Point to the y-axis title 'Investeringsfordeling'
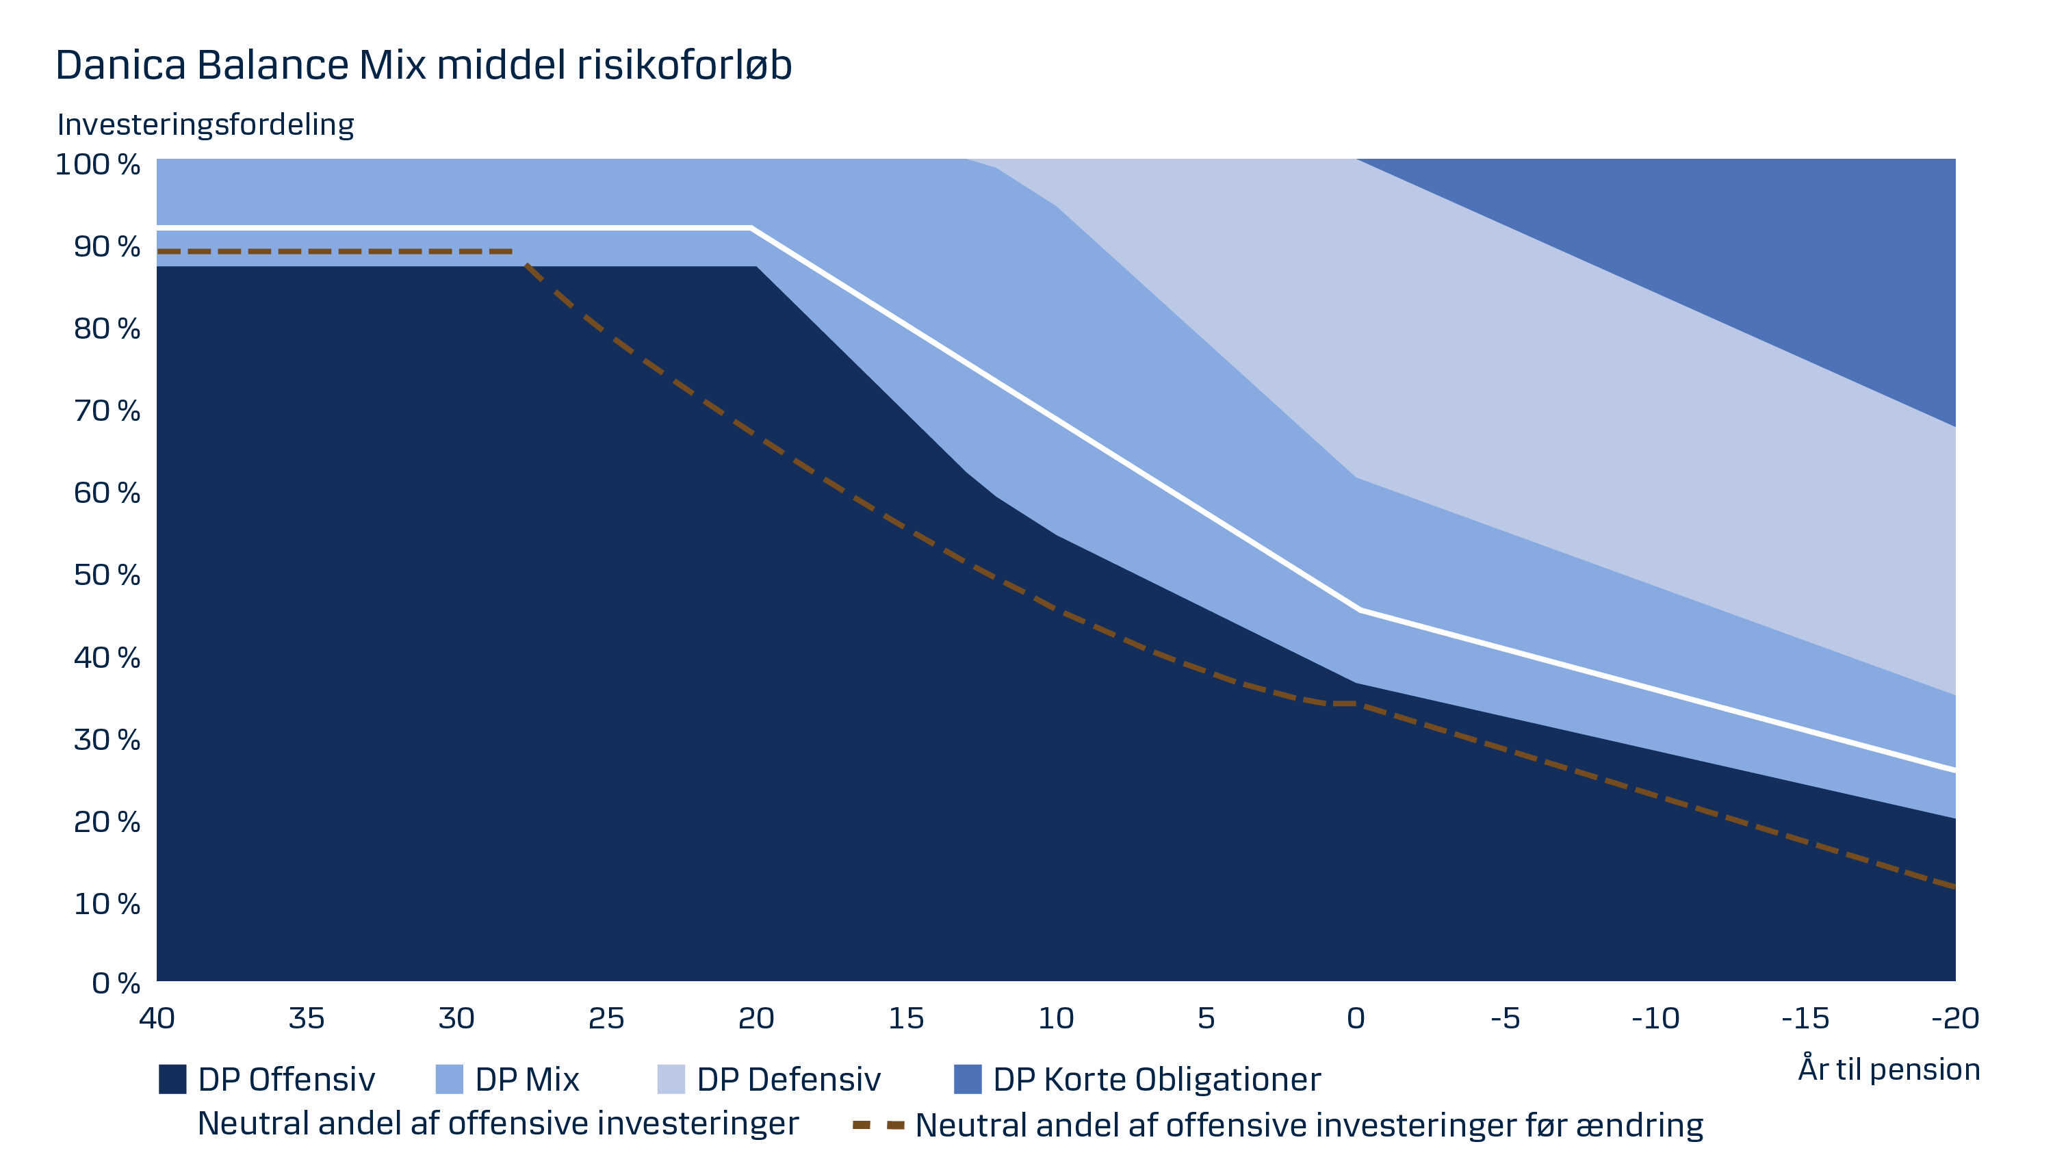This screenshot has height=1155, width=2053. click(x=205, y=125)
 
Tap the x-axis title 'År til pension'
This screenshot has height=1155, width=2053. click(x=1888, y=1069)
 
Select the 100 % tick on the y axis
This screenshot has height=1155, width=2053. click(x=97, y=165)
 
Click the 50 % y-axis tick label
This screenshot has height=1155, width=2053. click(x=107, y=575)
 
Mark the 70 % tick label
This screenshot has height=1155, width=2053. click(x=107, y=411)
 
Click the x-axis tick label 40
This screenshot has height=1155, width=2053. click(x=157, y=1018)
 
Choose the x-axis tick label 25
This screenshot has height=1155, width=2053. click(x=606, y=1018)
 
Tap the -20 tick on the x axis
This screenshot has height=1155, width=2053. click(x=1954, y=1018)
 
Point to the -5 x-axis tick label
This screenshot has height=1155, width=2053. click(x=1505, y=1018)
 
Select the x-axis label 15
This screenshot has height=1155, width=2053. click(x=906, y=1018)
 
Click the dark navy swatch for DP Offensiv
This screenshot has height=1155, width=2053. click(x=172, y=1079)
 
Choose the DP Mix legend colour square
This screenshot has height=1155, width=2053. click(x=449, y=1079)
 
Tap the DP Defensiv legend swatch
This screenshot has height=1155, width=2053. click(x=670, y=1079)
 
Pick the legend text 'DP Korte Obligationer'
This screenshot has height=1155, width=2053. click(x=1157, y=1080)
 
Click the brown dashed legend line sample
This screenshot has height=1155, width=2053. click(x=878, y=1126)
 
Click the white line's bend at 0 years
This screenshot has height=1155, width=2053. click(x=1357, y=610)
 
